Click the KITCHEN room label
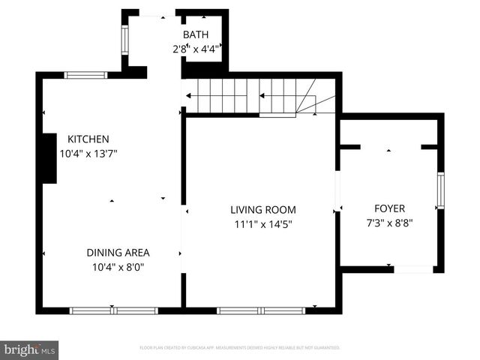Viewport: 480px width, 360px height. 88,139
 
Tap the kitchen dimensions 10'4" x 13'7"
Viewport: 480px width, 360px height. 88,153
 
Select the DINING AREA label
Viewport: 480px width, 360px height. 118,252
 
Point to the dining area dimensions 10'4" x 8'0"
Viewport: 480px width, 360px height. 118,266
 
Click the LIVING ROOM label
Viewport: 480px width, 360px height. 262,210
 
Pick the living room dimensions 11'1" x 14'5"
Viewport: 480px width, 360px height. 262,224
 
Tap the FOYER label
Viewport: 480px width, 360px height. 389,208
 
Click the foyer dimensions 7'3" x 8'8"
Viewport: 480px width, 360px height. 389,222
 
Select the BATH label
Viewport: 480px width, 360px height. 196,34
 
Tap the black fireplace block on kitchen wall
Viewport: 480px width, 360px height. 49,157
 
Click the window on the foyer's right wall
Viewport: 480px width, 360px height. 440,190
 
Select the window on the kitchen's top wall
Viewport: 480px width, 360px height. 85,75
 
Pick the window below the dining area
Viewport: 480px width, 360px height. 113,310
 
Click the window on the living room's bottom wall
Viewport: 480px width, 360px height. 261,310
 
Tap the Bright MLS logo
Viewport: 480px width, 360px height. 29,349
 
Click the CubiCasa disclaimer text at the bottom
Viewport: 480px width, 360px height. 240,348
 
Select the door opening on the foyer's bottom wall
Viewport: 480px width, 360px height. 413,268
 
